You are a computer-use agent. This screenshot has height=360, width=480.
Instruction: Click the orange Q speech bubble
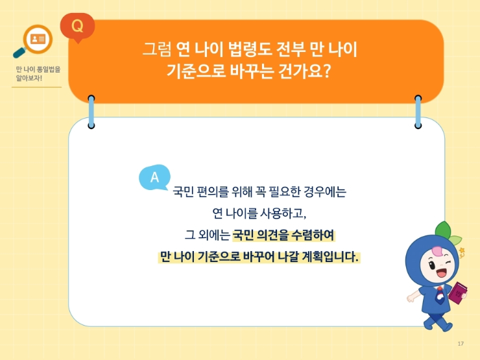click(x=77, y=27)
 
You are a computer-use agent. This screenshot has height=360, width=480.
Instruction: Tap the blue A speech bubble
click(x=154, y=177)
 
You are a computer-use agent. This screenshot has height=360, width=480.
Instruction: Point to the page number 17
click(x=461, y=343)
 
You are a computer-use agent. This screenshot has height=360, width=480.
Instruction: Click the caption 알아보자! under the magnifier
click(x=29, y=78)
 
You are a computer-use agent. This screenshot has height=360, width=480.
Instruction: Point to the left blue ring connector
click(x=91, y=110)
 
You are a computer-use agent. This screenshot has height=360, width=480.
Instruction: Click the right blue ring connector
click(x=418, y=110)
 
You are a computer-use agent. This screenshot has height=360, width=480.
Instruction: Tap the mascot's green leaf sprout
click(x=444, y=230)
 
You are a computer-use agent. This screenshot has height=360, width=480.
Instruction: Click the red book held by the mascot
click(x=459, y=293)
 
